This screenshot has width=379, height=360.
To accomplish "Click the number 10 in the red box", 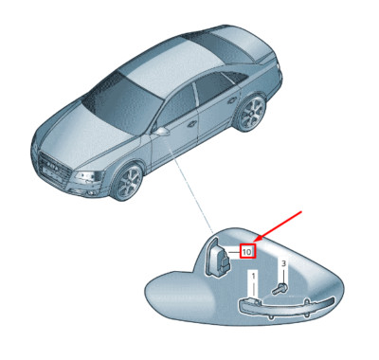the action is pyautogui.click(x=247, y=252).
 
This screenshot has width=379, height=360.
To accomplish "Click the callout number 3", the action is pyautogui.click(x=283, y=263).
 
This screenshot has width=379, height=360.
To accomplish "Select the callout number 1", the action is pyautogui.click(x=253, y=277).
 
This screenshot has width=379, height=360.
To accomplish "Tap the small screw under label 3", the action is pyautogui.click(x=280, y=288).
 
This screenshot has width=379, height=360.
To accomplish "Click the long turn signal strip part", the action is pyautogui.click(x=286, y=307).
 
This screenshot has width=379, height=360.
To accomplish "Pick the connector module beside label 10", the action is pyautogui.click(x=218, y=259).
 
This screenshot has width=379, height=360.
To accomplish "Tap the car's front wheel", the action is pyautogui.click(x=129, y=182).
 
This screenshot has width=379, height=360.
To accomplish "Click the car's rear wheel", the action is pyautogui.click(x=252, y=112).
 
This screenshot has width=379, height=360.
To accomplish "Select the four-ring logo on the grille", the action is pyautogui.click(x=52, y=166).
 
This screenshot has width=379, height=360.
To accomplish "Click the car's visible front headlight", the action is pyautogui.click(x=86, y=176).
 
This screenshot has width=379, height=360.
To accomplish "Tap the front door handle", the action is pyautogui.click(x=192, y=124).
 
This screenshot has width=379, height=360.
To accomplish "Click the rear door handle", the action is pyautogui.click(x=232, y=100).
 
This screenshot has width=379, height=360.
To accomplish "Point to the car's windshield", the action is pyautogui.click(x=118, y=104).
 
